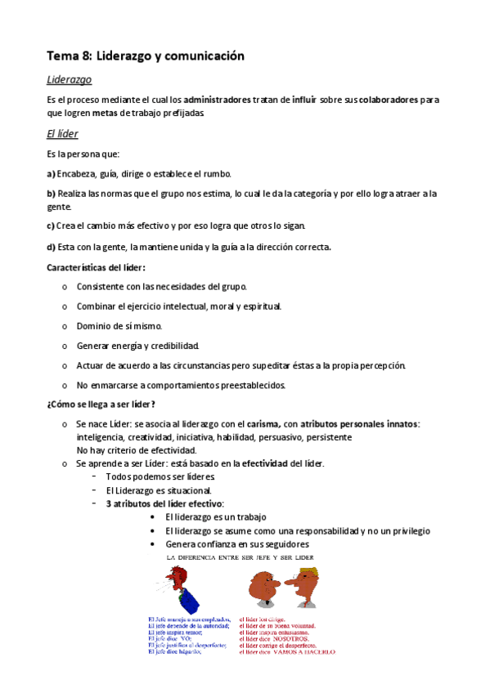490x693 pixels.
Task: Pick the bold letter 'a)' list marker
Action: click(x=51, y=173)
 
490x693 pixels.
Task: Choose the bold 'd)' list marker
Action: click(x=51, y=248)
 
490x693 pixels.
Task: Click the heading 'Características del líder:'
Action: click(x=97, y=267)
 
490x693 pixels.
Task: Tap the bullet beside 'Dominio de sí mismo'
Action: click(x=65, y=326)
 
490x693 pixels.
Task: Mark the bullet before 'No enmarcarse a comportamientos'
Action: click(x=65, y=385)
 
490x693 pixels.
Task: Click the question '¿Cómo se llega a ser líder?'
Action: click(x=101, y=405)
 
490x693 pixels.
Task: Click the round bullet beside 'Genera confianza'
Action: click(x=155, y=543)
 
